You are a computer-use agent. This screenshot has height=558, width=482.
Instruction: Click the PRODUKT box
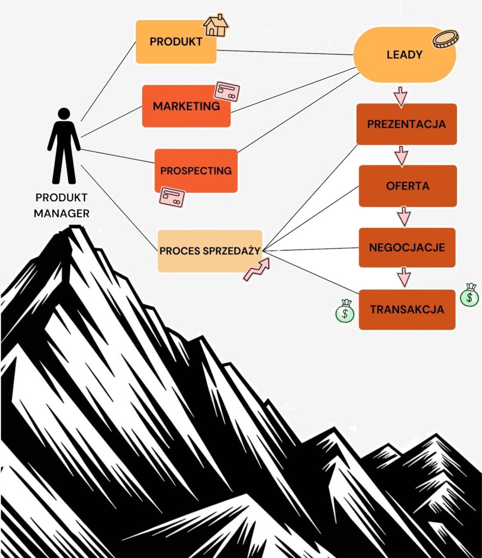pos(176,41)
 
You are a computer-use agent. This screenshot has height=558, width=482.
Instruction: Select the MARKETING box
pos(186,106)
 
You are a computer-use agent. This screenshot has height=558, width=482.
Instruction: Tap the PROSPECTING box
pos(196,171)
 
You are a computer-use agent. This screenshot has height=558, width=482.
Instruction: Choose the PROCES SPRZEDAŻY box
pos(210,251)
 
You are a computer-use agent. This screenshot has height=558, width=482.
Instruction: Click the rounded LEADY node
pos(405,54)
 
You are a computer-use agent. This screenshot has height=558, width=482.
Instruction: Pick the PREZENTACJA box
pos(407,124)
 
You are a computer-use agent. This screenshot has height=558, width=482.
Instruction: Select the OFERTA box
pos(407,186)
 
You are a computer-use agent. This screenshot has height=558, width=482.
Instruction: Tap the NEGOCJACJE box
pos(407,247)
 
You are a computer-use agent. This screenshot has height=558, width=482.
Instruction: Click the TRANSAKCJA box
pos(407,310)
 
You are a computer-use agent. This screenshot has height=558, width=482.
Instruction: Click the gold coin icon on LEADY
pos(446,39)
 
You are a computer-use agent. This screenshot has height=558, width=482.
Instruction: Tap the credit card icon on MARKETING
pos(227,91)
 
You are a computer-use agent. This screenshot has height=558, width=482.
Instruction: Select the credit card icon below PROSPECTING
pos(172,197)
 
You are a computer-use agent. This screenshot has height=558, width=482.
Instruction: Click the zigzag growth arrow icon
pos(257,269)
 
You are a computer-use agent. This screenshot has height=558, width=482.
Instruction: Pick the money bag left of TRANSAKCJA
pos(345,311)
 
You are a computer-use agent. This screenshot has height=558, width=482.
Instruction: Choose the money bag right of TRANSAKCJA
pos(469,295)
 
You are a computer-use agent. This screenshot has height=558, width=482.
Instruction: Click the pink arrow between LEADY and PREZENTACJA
pos(400,96)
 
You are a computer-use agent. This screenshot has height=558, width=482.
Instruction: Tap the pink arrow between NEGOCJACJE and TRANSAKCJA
pos(404,277)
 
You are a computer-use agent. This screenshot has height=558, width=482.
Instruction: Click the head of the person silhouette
pos(64,114)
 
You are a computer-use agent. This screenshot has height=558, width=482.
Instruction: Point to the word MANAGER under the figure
pos(62,214)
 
